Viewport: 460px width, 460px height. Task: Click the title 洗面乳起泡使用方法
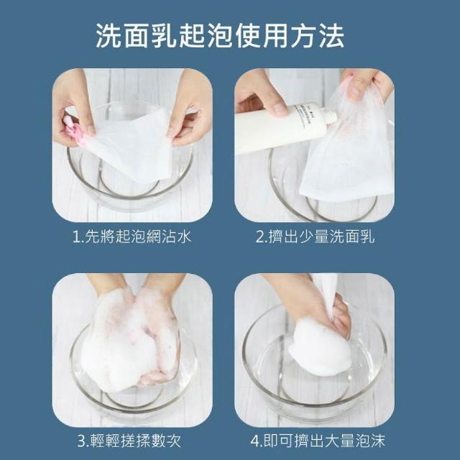point(220,36)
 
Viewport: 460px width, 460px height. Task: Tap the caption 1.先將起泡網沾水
point(132,236)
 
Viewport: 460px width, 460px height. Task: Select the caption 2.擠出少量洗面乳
point(315,236)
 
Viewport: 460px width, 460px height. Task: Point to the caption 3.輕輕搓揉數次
point(129,441)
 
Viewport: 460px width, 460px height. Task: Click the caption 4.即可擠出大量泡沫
point(318,441)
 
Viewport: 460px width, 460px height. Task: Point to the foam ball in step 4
point(320,346)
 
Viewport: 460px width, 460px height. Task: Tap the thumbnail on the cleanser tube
point(280,109)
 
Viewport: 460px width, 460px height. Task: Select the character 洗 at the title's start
point(109,36)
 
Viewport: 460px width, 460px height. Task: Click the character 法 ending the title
point(331,36)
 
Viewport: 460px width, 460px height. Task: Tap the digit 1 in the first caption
point(76,237)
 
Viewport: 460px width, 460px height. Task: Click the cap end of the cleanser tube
point(331,115)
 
